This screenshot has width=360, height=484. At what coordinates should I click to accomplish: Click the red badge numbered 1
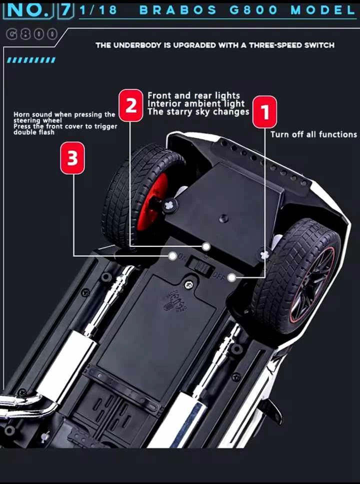[x=265, y=112]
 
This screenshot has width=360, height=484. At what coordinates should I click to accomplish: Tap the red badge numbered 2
[x=131, y=105]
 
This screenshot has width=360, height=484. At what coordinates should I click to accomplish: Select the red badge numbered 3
[x=72, y=158]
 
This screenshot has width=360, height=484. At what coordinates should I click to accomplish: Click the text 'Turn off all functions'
[x=313, y=134]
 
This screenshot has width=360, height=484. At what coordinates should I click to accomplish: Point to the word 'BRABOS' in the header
[x=178, y=10]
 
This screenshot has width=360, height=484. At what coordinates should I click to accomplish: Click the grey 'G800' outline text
[x=31, y=34]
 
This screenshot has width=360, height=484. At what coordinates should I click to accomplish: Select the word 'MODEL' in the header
[x=322, y=10]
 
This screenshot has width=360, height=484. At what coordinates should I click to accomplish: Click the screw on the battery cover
[x=189, y=285]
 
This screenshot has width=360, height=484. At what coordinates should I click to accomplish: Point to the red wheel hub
[x=151, y=202]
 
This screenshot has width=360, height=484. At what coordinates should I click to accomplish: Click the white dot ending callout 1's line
[x=231, y=278]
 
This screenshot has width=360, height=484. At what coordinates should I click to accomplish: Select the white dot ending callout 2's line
[x=206, y=247]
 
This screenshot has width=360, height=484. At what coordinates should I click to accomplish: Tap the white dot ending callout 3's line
[x=172, y=256]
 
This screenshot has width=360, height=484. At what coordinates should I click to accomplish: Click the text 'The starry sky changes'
[x=198, y=112]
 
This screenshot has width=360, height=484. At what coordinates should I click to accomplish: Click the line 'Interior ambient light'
[x=196, y=104]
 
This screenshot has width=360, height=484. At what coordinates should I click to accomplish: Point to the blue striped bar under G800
[x=31, y=60]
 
